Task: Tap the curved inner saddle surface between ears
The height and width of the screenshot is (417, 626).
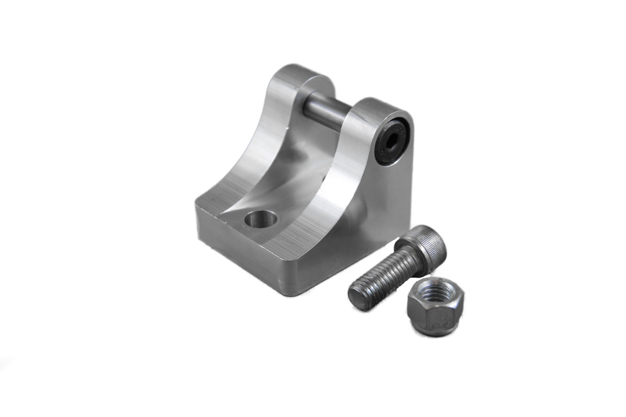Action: (x=290, y=164)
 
